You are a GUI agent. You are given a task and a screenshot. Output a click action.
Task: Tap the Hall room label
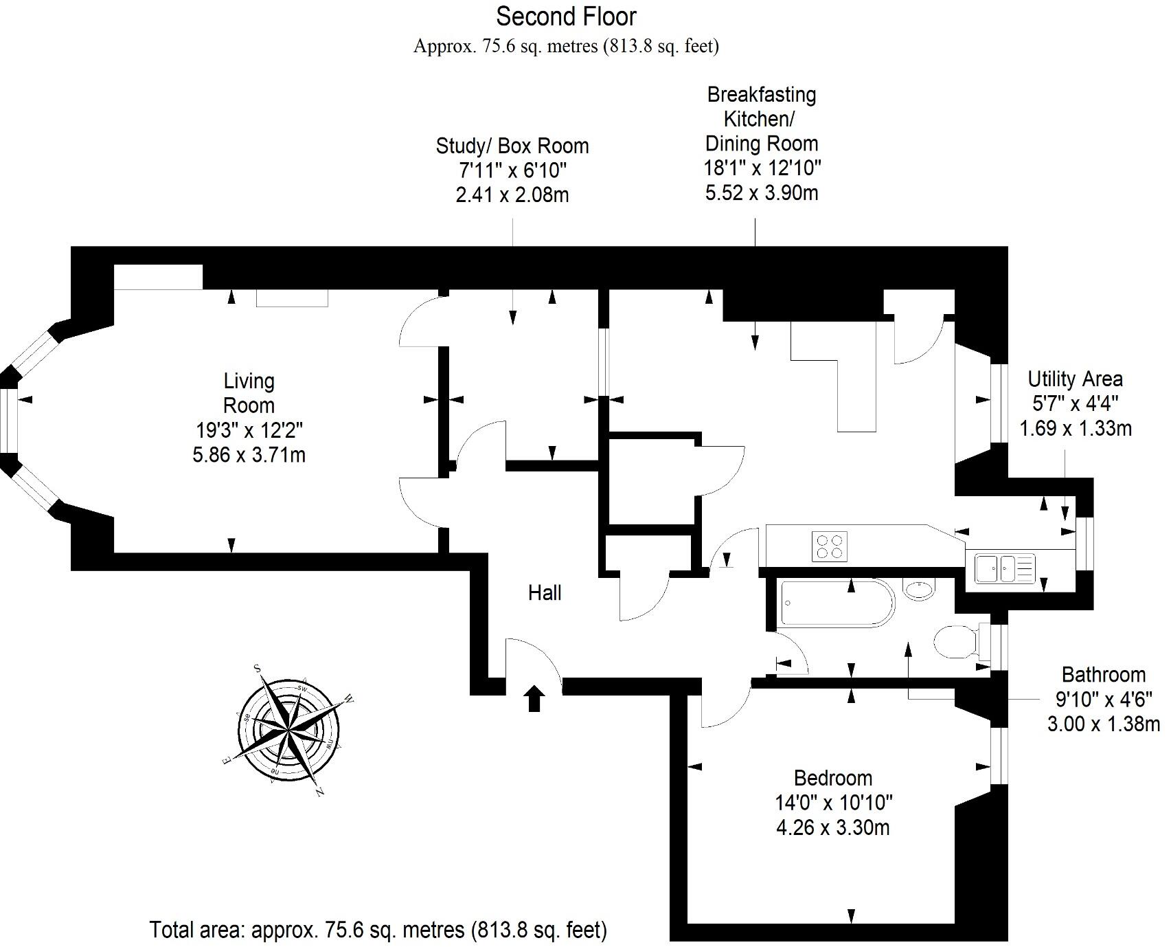tap(544, 593)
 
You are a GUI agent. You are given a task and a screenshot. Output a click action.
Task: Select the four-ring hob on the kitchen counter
tap(829, 547)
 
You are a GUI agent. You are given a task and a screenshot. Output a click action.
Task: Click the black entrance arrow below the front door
tap(534, 699)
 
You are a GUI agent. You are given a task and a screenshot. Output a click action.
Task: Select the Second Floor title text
tap(566, 16)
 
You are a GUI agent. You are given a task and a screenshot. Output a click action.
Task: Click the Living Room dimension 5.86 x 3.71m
tap(249, 455)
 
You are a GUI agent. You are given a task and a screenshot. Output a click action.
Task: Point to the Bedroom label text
tap(832, 778)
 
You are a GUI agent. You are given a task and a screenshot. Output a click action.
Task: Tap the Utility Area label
tap(1074, 379)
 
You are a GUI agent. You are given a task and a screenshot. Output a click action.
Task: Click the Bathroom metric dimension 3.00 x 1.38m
tap(1103, 724)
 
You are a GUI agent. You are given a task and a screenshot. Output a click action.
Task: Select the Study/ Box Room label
tap(512, 146)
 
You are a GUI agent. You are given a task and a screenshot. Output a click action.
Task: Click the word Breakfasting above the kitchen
tap(761, 94)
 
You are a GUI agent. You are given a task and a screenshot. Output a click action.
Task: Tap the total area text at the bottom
tap(378, 931)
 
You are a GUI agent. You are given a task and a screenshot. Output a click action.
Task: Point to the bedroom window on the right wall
tap(998, 755)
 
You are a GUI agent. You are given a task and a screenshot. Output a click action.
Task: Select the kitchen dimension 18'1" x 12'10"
tap(762, 168)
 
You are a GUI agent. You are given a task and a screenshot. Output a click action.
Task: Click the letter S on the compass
tap(258, 667)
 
